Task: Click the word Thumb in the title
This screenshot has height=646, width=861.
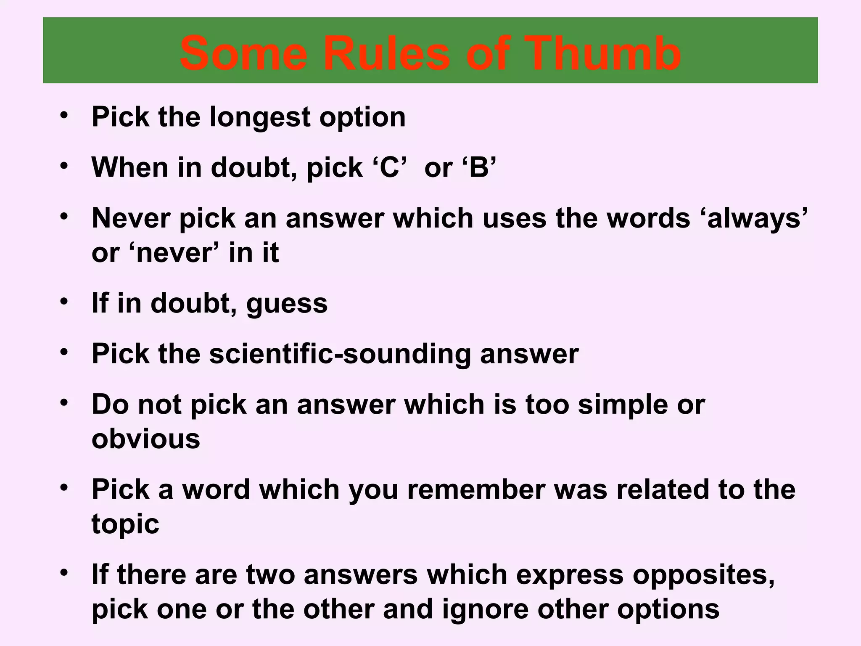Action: tap(600, 54)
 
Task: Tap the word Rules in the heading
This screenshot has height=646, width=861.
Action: tap(386, 54)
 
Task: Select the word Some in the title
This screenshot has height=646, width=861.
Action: tap(244, 54)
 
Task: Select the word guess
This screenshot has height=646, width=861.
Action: tap(287, 304)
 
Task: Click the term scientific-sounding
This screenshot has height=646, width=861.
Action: tap(340, 354)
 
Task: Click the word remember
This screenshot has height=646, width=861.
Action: tap(476, 490)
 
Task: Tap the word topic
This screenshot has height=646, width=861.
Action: tap(125, 524)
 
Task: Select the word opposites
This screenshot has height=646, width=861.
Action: tap(703, 575)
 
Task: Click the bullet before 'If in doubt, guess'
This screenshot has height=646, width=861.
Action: tap(64, 301)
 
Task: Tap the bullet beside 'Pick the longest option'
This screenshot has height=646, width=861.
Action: tap(64, 115)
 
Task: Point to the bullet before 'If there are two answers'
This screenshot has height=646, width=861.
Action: tap(64, 572)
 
